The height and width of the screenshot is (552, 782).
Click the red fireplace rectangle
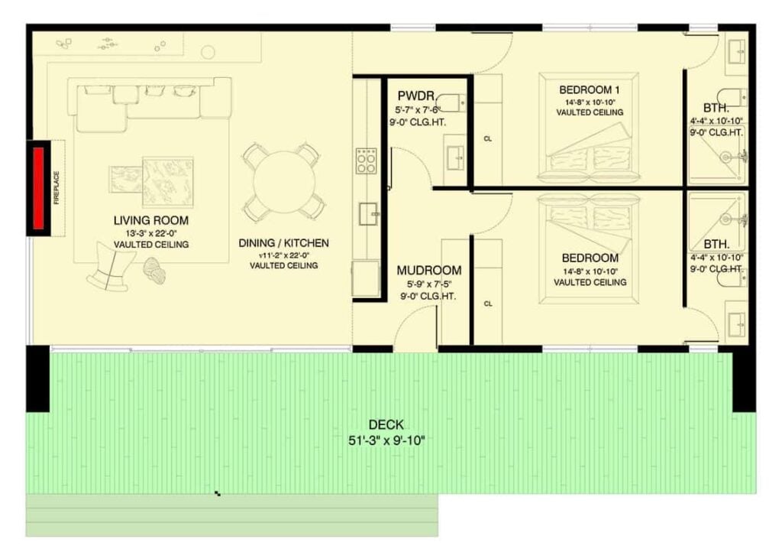click(x=38, y=188)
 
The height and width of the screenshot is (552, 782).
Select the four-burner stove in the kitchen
click(x=366, y=161)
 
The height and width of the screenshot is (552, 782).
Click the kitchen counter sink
click(x=369, y=214)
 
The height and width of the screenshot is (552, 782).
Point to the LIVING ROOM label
click(x=151, y=221)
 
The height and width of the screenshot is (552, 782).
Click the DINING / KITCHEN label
click(x=284, y=243)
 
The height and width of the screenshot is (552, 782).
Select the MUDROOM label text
click(x=429, y=271)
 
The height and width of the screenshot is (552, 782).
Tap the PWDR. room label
click(x=417, y=96)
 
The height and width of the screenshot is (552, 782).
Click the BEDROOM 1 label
click(x=590, y=90)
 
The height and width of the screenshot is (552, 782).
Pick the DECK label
click(x=386, y=425)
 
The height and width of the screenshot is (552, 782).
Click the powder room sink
click(x=455, y=157)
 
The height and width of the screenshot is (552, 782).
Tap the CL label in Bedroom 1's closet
click(x=488, y=138)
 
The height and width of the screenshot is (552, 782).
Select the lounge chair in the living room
click(x=111, y=266)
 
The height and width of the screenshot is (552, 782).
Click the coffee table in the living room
click(x=168, y=182)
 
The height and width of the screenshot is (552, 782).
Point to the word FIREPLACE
click(x=57, y=188)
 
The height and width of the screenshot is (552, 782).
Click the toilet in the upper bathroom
click(x=732, y=97)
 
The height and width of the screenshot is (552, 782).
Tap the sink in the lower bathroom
click(x=737, y=324)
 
